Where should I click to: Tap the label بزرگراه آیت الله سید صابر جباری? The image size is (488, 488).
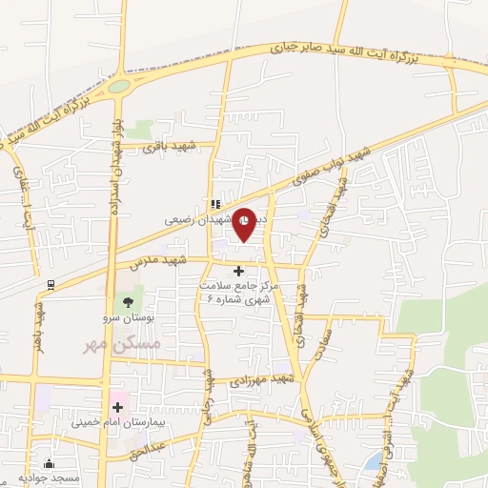[344, 50]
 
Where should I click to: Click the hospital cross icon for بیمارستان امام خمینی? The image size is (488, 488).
[118, 408]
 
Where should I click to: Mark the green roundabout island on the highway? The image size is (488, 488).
[119, 86]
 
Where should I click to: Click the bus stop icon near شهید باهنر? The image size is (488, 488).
[51, 283]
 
